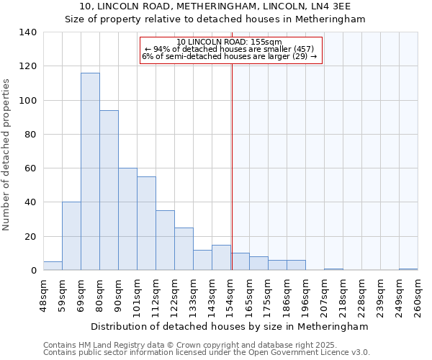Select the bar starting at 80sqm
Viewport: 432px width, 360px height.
pos(109,190)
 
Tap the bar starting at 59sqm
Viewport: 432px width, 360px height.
pos(71,236)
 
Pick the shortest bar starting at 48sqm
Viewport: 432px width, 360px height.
pos(53,266)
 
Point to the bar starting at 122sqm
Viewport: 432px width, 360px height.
pos(184,249)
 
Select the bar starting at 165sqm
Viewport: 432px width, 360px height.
pos(258,264)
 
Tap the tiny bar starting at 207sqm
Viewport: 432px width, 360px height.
pos(333,269)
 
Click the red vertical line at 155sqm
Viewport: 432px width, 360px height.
pos(232,166)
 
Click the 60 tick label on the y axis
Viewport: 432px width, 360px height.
pos(31,168)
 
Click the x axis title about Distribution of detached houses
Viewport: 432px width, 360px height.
pos(230,326)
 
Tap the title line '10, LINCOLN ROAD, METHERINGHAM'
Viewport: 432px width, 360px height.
pos(215,6)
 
